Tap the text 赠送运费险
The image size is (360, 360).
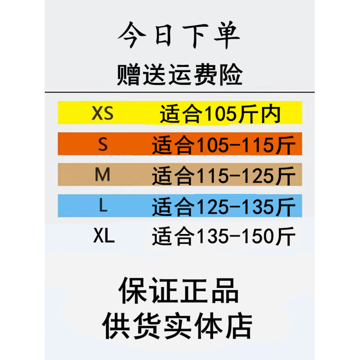179,75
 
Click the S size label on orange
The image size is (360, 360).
103,145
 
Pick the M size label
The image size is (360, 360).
103,176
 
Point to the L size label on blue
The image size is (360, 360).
103,207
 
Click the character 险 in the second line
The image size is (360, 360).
230,75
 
